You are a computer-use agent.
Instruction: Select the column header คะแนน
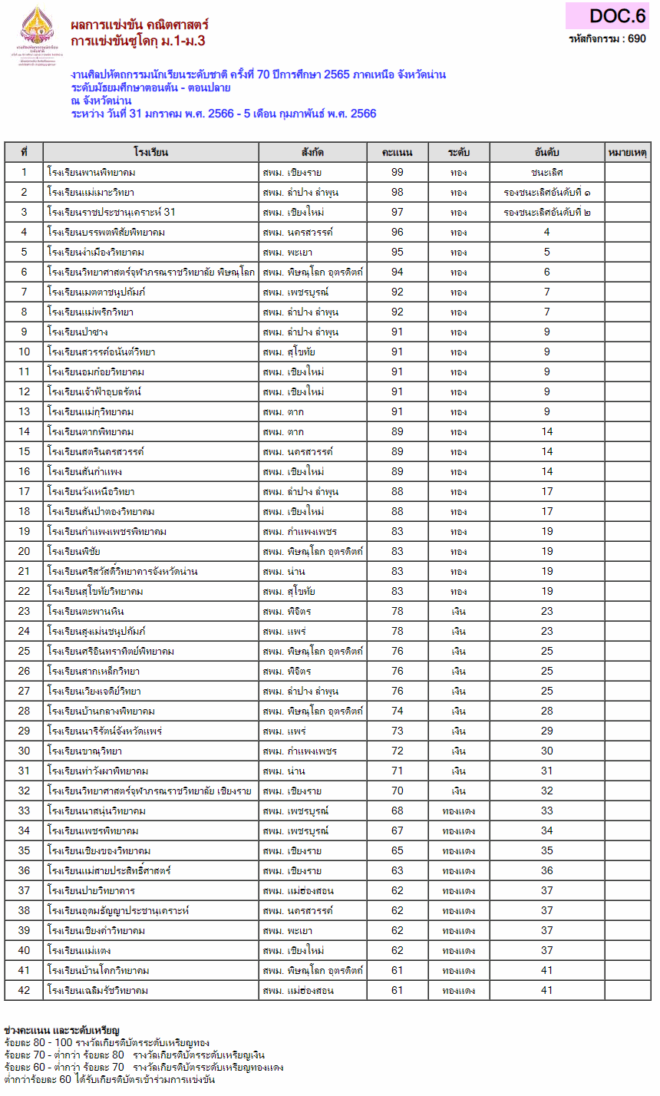tap(397, 152)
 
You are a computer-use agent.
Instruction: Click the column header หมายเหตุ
tap(627, 152)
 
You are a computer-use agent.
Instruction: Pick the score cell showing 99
tap(397, 172)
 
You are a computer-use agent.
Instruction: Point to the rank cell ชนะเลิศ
tap(546, 172)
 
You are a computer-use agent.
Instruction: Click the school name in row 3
tap(111, 212)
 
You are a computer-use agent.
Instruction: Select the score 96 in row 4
tap(397, 232)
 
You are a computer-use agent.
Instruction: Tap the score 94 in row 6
tap(397, 272)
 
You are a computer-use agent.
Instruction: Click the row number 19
tap(24, 531)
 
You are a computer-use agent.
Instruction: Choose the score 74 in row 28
tap(397, 711)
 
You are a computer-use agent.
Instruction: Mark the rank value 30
tap(546, 751)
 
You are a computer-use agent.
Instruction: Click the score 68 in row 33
tap(397, 810)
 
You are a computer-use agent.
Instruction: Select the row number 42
tap(24, 990)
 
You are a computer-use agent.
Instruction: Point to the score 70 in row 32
tap(397, 791)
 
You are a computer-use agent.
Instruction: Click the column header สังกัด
tap(312, 152)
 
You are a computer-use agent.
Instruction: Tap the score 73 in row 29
tap(397, 731)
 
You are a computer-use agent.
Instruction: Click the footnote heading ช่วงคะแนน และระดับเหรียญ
tap(62, 1028)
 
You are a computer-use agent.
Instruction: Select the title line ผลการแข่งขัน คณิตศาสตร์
tap(139, 24)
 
